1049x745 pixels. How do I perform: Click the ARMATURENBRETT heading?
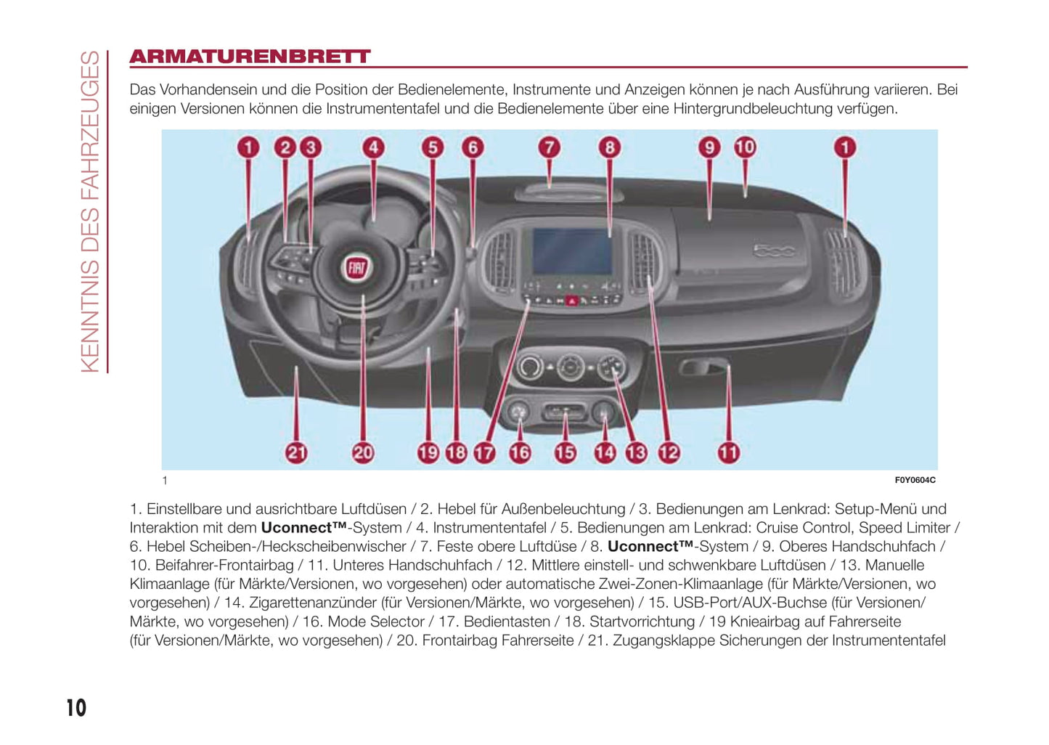pyautogui.click(x=250, y=57)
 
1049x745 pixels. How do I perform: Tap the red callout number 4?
pyautogui.click(x=373, y=147)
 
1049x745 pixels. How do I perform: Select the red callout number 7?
pyautogui.click(x=550, y=147)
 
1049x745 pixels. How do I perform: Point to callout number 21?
pyautogui.click(x=296, y=453)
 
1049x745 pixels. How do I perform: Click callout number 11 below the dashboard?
pyautogui.click(x=728, y=453)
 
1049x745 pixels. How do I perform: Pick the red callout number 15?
pyautogui.click(x=565, y=453)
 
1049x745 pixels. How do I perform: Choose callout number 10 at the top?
pyautogui.click(x=745, y=147)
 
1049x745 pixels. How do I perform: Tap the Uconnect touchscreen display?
pyautogui.click(x=571, y=251)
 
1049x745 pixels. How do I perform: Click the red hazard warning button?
pyautogui.click(x=571, y=300)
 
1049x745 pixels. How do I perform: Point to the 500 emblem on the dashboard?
pyautogui.click(x=774, y=251)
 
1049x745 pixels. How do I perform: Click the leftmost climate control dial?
pyautogui.click(x=529, y=367)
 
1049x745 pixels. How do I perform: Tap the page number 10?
pyautogui.click(x=76, y=708)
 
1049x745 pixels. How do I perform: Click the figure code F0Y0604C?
pyautogui.click(x=915, y=480)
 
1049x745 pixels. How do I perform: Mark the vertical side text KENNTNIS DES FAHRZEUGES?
pyautogui.click(x=90, y=211)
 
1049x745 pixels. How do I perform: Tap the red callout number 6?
pyautogui.click(x=473, y=147)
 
